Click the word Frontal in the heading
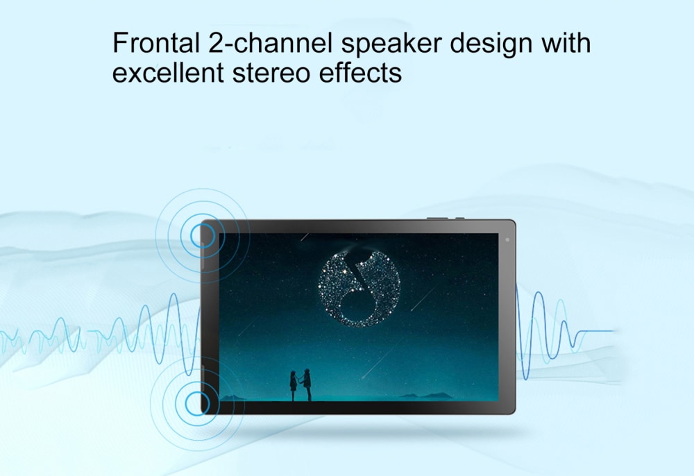pyautogui.click(x=155, y=43)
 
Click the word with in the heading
pyautogui.click(x=566, y=42)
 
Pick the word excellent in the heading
pyautogui.click(x=168, y=72)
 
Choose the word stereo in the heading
pyautogui.click(x=271, y=74)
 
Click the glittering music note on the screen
pyautogui.click(x=359, y=289)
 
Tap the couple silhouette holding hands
pyautogui.click(x=300, y=385)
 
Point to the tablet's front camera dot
pyautogui.click(x=507, y=240)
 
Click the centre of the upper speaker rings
pyautogui.click(x=203, y=236)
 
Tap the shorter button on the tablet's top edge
pyautogui.click(x=460, y=218)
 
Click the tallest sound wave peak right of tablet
pyautogui.click(x=538, y=293)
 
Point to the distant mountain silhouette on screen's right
pyautogui.click(x=427, y=396)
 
